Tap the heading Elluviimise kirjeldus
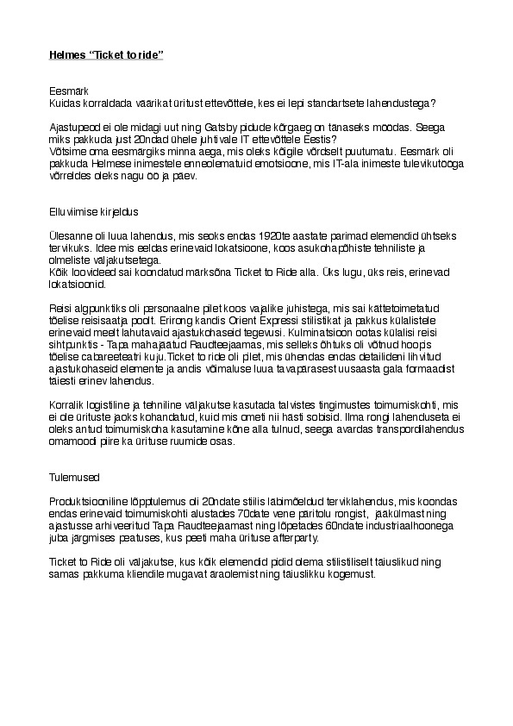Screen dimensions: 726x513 click(x=94, y=210)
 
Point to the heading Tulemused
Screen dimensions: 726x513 click(x=75, y=475)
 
